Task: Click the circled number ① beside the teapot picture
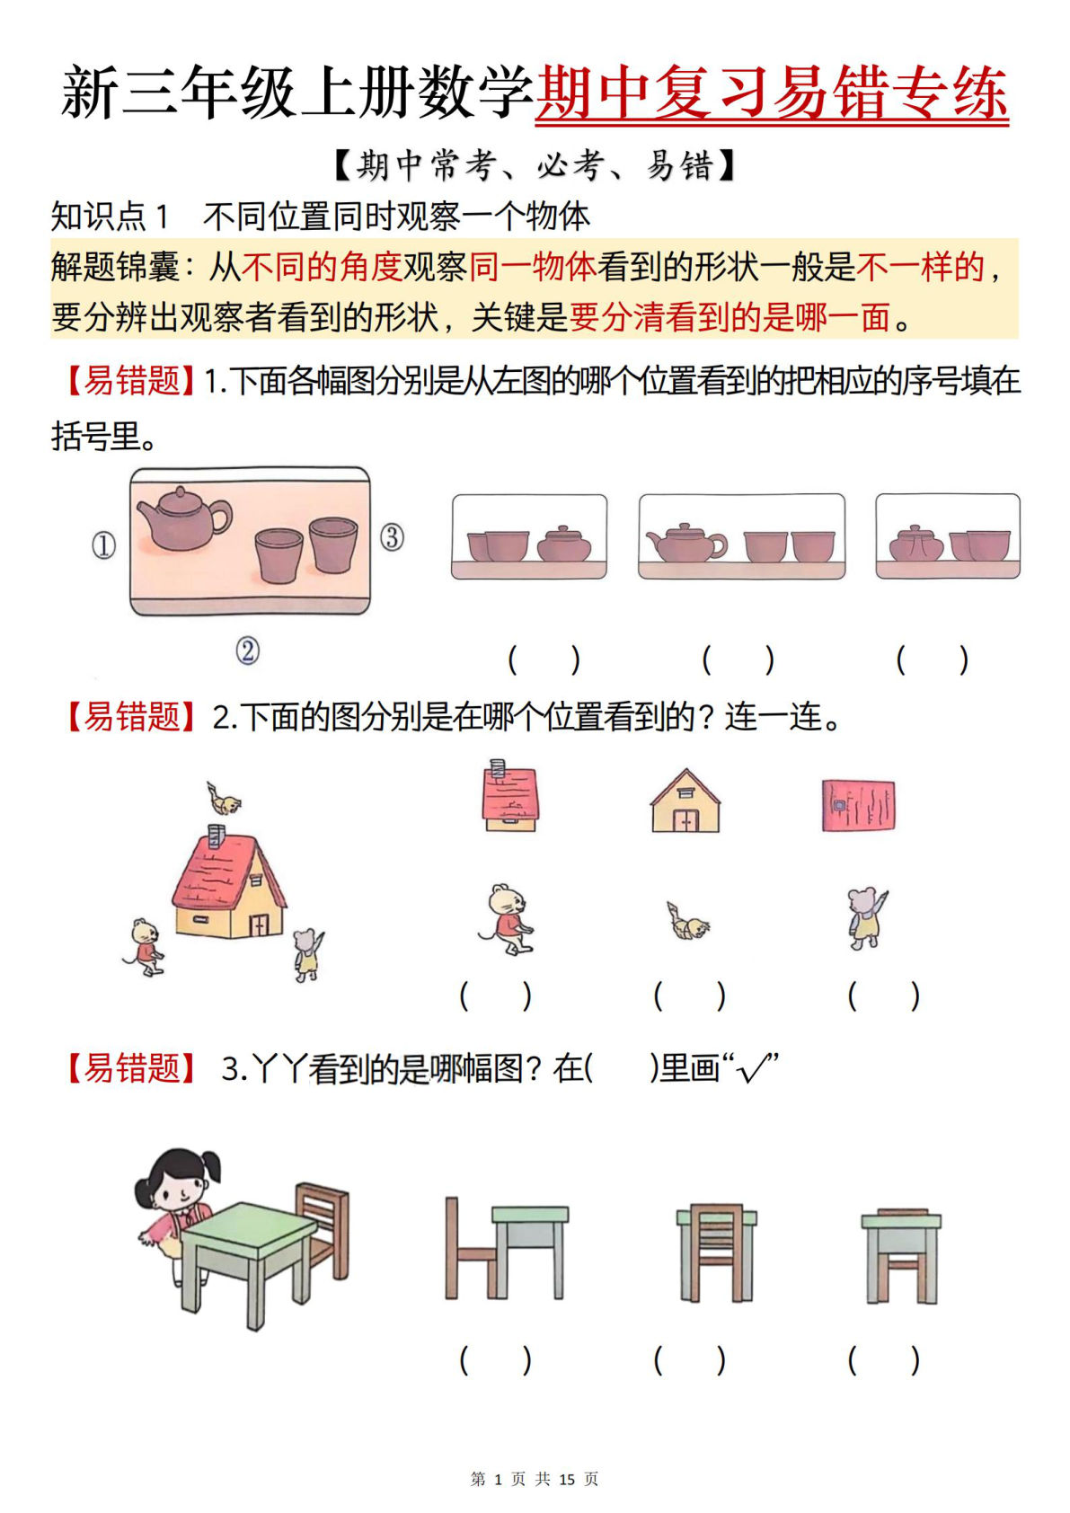click(x=104, y=545)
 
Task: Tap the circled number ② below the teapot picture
click(x=248, y=650)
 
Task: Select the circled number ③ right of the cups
click(x=392, y=537)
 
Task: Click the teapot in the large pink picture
click(x=184, y=518)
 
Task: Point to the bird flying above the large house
click(x=223, y=799)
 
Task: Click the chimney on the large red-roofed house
click(x=217, y=836)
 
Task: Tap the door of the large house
click(x=259, y=925)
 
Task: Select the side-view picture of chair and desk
click(x=506, y=1249)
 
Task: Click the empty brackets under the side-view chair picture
click(x=495, y=1360)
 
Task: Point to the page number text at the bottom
click(x=535, y=1478)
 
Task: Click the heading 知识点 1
click(x=110, y=216)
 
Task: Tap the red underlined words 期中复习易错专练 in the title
click(x=771, y=93)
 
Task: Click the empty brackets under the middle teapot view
click(x=738, y=660)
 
